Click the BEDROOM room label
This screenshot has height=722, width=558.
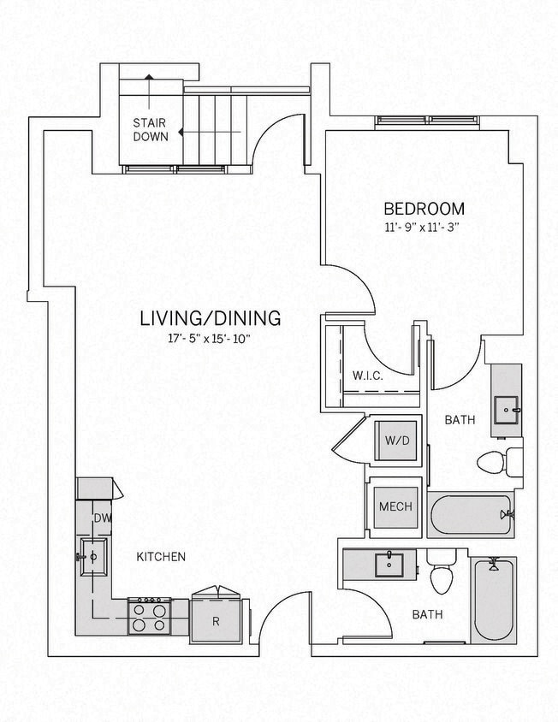point(424,208)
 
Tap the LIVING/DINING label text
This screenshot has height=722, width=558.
point(211,319)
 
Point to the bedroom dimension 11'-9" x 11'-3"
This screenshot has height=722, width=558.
point(424,228)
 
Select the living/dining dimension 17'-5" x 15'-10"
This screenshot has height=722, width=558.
point(211,339)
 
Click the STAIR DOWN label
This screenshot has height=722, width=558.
point(149,128)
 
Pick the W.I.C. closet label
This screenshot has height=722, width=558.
point(367,376)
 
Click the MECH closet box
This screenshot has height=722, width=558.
point(395,506)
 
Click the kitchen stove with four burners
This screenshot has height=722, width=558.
point(148,616)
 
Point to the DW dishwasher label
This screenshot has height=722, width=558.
point(102,518)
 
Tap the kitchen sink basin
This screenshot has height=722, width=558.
point(92,557)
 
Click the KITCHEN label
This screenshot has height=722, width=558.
point(161,557)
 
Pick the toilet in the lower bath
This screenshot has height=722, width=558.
point(440,575)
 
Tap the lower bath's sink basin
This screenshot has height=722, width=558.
point(391,564)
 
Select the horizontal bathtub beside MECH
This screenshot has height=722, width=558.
point(470,515)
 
